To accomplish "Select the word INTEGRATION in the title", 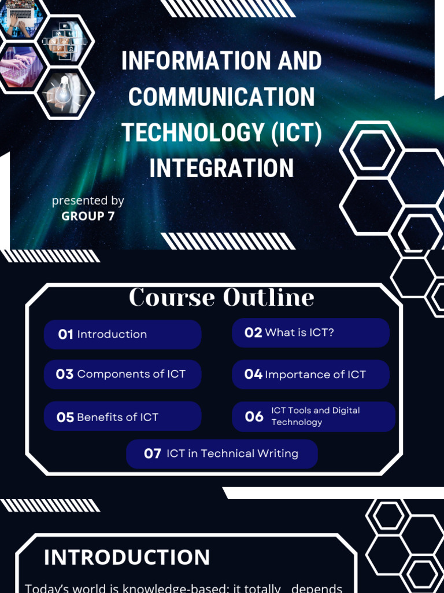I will [x=221, y=169].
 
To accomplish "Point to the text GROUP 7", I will [x=88, y=217].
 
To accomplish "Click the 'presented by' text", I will [x=88, y=200].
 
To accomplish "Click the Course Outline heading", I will [x=221, y=298].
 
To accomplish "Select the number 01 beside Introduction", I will [x=65, y=334].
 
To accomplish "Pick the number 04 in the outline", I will [x=253, y=375].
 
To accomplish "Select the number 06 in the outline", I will [x=254, y=417].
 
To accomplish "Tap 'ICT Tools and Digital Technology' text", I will [x=315, y=416].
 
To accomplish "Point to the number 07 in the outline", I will [x=153, y=454].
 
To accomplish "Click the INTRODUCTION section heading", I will [x=127, y=558].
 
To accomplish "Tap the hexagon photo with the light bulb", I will [x=64, y=92].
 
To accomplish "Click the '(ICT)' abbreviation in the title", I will [x=297, y=133].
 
